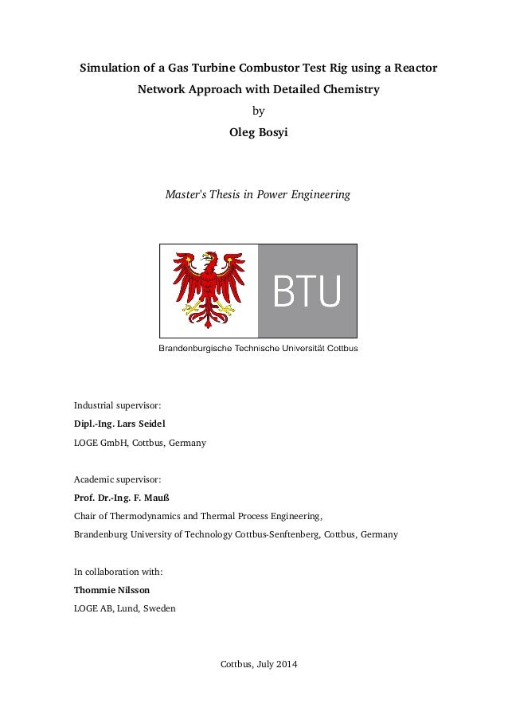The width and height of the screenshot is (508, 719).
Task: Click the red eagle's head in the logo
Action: coord(209,260)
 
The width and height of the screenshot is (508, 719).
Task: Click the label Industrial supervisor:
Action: coord(117,404)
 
